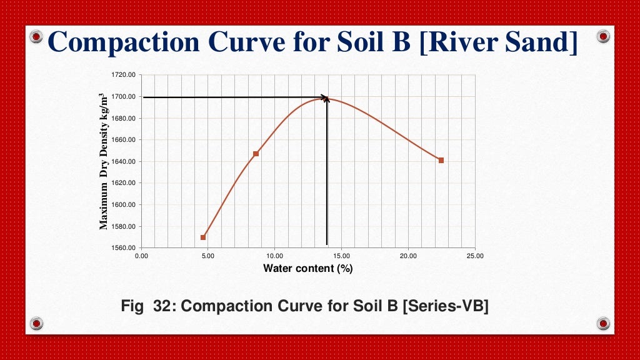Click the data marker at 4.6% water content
(203, 237)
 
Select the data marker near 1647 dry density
(256, 154)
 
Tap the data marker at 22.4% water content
(441, 161)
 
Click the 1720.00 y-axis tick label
(123, 75)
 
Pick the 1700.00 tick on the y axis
(123, 97)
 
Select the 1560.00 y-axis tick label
(123, 248)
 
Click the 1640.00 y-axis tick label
(123, 161)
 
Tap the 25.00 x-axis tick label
(475, 256)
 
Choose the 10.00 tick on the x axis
(275, 256)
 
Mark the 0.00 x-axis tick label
(142, 256)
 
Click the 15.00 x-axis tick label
(342, 256)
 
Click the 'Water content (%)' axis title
(308, 269)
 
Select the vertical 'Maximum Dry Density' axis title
(104, 161)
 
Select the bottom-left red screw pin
(36, 323)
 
